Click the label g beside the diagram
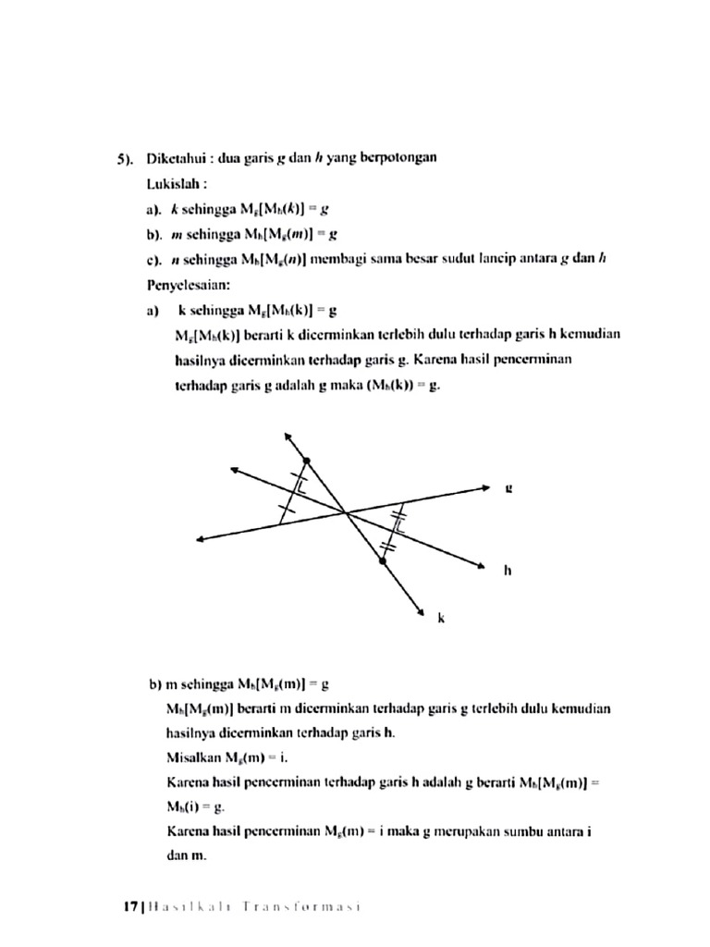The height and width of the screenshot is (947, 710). click(x=508, y=487)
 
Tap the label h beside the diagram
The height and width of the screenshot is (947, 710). click(x=508, y=570)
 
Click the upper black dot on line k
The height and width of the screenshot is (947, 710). click(x=307, y=460)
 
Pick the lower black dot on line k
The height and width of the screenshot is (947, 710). click(x=380, y=560)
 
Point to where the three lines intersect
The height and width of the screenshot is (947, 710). click(x=345, y=510)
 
